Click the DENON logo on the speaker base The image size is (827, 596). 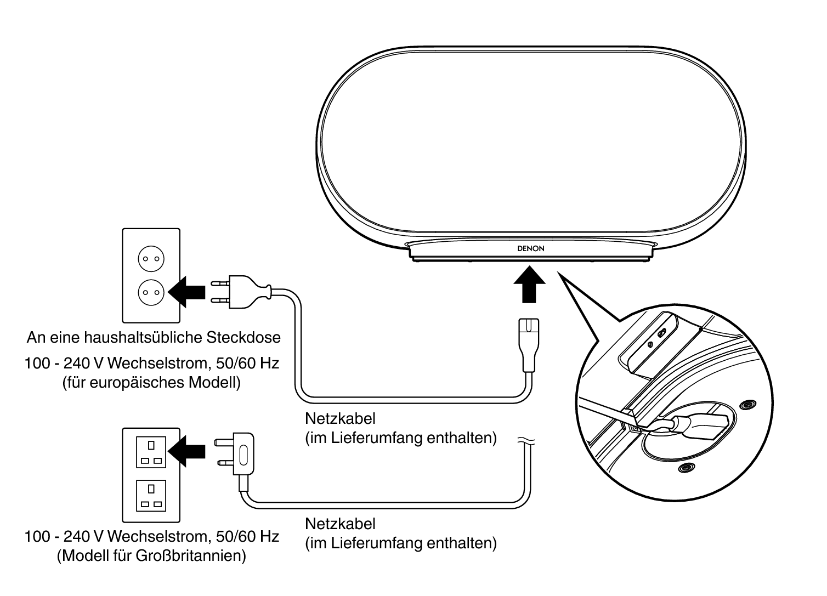(530, 248)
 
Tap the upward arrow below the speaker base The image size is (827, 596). (529, 284)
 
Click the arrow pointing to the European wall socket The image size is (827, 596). (186, 292)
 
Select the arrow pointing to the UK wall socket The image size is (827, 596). (186, 451)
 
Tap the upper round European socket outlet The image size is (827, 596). (151, 259)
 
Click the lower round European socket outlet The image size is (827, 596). (151, 292)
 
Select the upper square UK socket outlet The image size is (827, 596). (151, 452)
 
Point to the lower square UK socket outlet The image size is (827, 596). (151, 496)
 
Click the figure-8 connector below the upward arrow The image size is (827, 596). (529, 345)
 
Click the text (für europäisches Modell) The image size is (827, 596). (151, 383)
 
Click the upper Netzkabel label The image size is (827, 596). (340, 418)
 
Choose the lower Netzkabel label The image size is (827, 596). (340, 524)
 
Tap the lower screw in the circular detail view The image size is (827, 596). (687, 468)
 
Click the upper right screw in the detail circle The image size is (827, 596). (748, 405)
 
